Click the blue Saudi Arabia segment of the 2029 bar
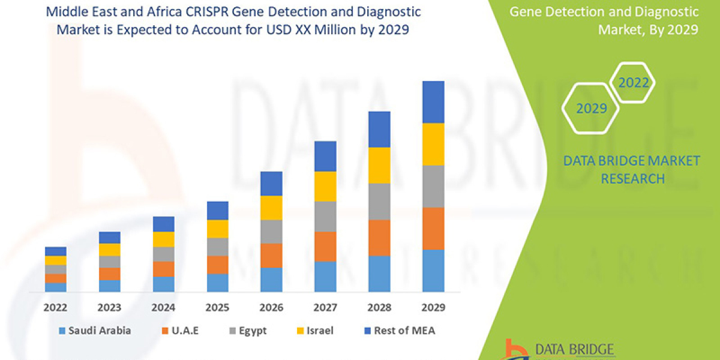tap(433, 271)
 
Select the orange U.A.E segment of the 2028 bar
tap(379, 238)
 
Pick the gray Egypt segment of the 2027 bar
tap(325, 216)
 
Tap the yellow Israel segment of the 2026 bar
tap(271, 208)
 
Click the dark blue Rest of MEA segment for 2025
tap(217, 211)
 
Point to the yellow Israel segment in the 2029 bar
tap(433, 144)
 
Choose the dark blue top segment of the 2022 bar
tap(56, 251)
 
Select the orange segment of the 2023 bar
tap(110, 274)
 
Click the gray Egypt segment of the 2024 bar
tap(164, 254)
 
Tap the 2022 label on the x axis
tap(55, 308)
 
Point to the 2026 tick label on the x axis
tap(271, 308)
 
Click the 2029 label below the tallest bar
tap(433, 308)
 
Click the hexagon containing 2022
tap(634, 83)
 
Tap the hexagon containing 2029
tap(591, 109)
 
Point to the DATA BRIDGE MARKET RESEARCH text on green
tap(632, 169)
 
